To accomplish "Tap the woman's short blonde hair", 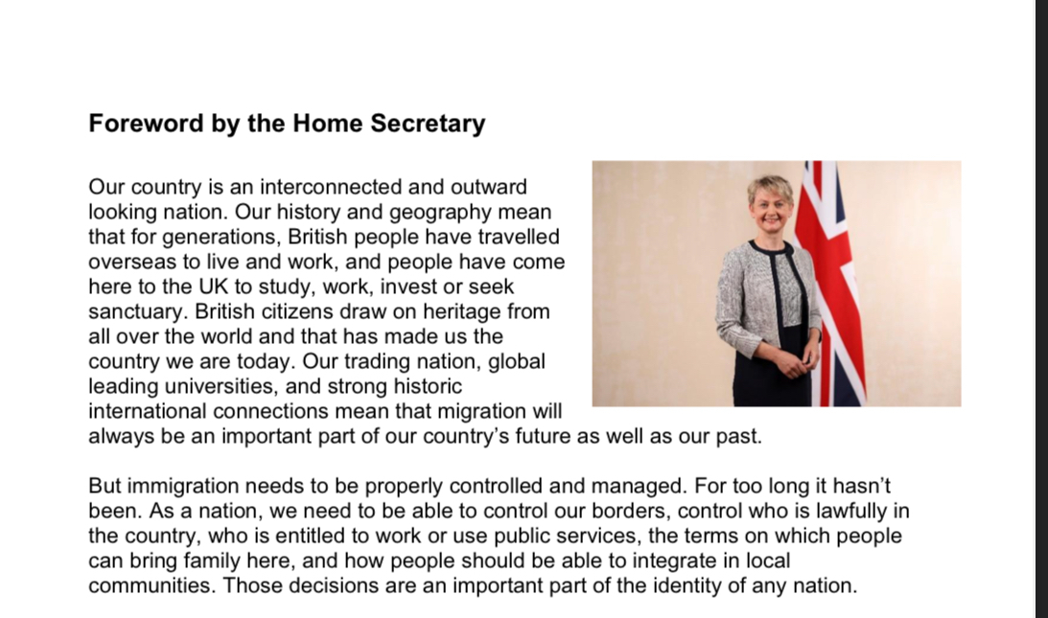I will (x=770, y=187).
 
